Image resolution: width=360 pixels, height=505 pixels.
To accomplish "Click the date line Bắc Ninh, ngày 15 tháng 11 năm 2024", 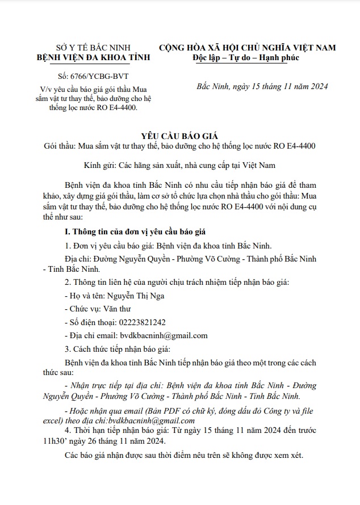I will [262, 87].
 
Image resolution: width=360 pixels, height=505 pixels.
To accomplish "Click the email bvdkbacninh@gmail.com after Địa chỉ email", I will [160, 335].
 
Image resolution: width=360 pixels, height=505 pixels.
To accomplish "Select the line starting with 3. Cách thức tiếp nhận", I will [118, 348].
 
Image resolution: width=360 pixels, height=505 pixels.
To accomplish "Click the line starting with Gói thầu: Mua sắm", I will [179, 146].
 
